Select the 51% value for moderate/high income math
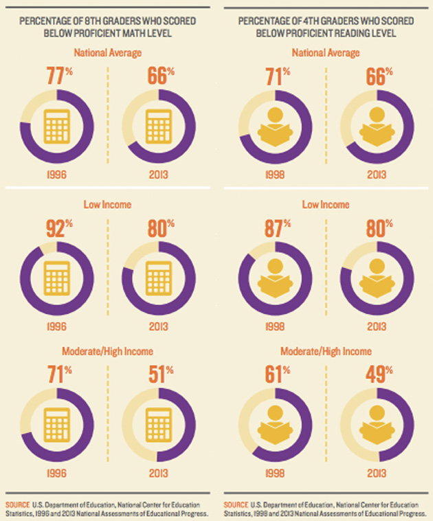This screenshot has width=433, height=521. (x=160, y=376)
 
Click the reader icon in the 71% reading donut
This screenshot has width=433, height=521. (x=275, y=126)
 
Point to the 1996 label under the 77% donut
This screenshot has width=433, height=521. (x=58, y=175)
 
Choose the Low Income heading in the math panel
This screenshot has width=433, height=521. (x=109, y=204)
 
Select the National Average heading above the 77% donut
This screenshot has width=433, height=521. (x=109, y=52)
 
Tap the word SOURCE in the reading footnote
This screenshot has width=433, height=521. (x=236, y=496)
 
